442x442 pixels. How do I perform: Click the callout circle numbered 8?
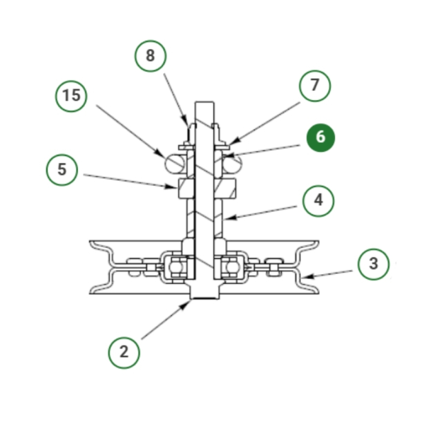point(151,56)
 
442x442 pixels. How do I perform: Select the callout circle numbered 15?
point(71,96)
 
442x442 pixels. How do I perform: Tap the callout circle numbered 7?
point(315,86)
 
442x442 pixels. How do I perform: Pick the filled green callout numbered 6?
point(320,137)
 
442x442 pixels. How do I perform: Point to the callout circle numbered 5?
point(62,170)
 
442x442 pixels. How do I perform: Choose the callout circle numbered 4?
point(318,201)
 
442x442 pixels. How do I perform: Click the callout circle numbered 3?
point(374,264)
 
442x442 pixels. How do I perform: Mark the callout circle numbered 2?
point(124,352)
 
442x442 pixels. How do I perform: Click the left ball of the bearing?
point(177,268)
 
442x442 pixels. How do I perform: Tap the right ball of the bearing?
point(232,268)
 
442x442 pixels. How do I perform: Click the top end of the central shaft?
point(204,102)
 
